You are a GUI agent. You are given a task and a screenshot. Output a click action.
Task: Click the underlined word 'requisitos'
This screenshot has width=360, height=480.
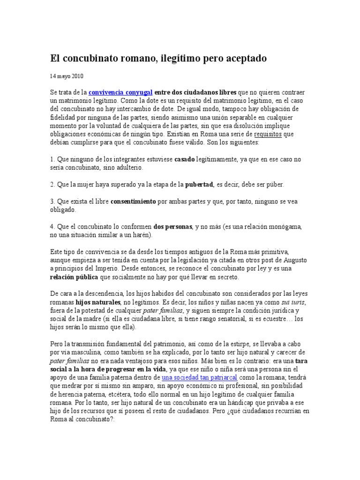267,134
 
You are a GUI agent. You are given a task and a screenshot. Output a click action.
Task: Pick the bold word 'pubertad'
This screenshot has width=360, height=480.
199,184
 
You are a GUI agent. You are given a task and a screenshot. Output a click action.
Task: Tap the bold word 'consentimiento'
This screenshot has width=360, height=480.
133,202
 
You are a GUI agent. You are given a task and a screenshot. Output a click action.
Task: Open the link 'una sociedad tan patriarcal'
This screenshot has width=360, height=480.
199,377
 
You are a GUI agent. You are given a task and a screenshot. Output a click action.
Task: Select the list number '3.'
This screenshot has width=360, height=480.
52,202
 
